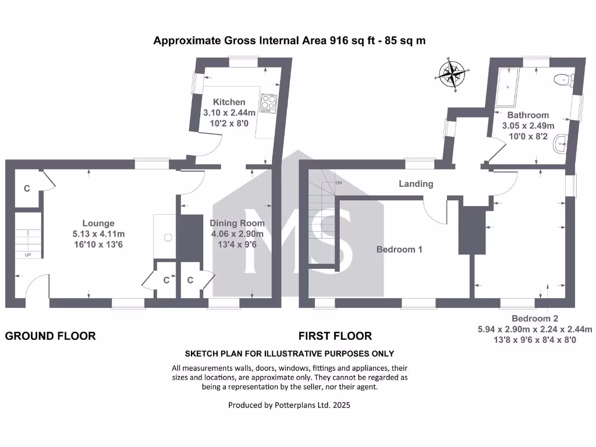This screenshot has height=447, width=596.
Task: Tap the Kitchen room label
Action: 229,102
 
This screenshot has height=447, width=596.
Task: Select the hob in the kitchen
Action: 268,103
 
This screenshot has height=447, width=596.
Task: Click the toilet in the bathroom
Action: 564,80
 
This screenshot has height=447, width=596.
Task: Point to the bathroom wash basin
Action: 560,143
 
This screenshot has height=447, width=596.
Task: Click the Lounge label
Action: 98,223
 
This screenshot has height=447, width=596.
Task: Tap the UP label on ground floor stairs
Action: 27,255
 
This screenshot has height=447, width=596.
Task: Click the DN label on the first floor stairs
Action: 339,183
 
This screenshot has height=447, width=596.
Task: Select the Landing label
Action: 416,184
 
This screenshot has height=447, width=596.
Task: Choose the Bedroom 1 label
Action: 399,249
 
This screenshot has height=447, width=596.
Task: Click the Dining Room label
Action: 237,223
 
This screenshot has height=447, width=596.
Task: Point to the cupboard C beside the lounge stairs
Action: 27,189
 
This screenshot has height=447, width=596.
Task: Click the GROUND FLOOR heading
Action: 51,336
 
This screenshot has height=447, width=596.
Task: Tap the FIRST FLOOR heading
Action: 335,336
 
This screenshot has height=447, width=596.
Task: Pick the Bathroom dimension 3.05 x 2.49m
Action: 528,126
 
